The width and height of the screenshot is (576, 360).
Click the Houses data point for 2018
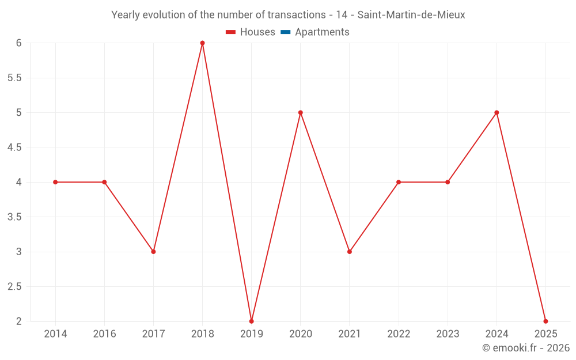(202, 43)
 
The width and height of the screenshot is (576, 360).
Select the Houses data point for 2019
(252, 321)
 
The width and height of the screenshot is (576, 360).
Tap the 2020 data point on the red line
(301, 113)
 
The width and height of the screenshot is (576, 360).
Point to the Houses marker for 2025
(545, 321)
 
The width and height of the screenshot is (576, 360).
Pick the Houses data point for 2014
(55, 182)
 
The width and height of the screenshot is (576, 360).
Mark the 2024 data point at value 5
(497, 113)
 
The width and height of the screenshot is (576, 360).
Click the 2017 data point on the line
(154, 252)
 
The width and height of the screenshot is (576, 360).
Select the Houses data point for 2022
(399, 182)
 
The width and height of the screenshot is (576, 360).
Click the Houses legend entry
(251, 32)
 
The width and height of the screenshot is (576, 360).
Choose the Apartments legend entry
(315, 32)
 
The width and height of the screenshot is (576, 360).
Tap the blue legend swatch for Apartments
(286, 32)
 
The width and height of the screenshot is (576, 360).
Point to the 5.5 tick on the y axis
(15, 78)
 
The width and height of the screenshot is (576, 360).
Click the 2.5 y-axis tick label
(15, 286)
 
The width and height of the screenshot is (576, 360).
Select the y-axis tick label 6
(19, 43)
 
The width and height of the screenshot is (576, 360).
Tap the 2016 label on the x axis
(105, 334)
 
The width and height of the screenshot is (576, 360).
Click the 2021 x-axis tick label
(350, 334)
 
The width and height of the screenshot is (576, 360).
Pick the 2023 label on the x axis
(448, 334)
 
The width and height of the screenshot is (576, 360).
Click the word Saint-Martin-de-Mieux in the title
(411, 15)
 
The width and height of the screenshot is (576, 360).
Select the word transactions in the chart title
(297, 15)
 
